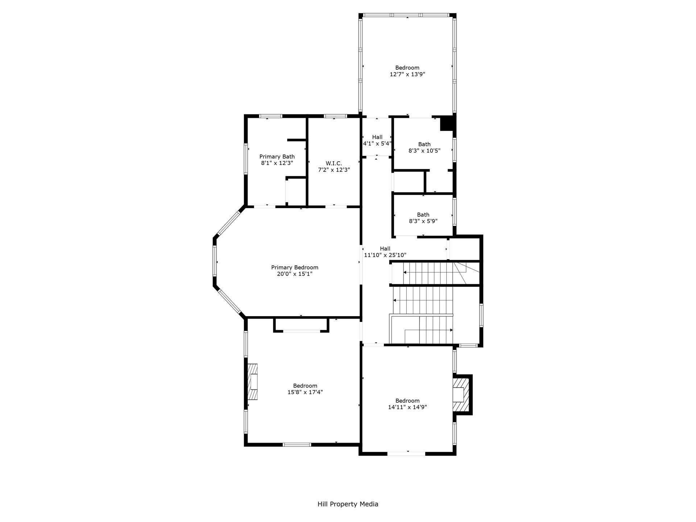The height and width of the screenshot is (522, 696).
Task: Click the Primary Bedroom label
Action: (295, 268)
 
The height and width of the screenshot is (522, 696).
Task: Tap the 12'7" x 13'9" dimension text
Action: (407, 74)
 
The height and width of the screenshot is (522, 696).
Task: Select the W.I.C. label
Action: (334, 163)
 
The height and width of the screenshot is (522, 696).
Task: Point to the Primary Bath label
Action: (277, 157)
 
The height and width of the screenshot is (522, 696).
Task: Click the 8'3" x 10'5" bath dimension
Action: (424, 151)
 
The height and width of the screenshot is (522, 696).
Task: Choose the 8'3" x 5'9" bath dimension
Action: (423, 221)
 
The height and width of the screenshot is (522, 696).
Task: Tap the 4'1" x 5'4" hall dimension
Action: (377, 144)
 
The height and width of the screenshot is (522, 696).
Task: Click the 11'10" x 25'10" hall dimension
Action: (385, 255)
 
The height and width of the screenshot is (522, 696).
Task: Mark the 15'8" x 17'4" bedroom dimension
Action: (305, 392)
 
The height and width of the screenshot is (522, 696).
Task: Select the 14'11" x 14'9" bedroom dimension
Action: (407, 407)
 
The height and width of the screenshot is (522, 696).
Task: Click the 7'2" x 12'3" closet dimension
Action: (334, 170)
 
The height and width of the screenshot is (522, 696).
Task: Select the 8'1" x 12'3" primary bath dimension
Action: (277, 163)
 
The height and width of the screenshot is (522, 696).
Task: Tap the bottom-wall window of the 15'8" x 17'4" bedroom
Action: (297, 444)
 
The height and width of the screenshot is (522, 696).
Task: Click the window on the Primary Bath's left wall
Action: (246, 159)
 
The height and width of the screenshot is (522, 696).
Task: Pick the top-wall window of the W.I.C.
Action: (335, 116)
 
